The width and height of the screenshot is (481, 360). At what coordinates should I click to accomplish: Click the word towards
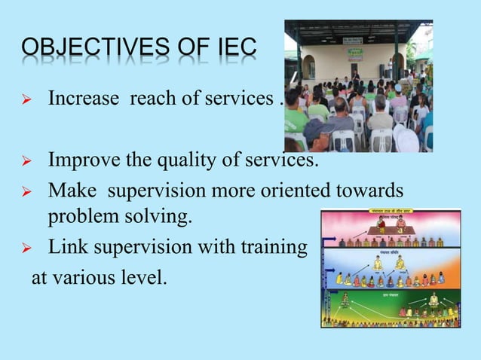[355, 192]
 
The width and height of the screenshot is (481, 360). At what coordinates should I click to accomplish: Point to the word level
[143, 279]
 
